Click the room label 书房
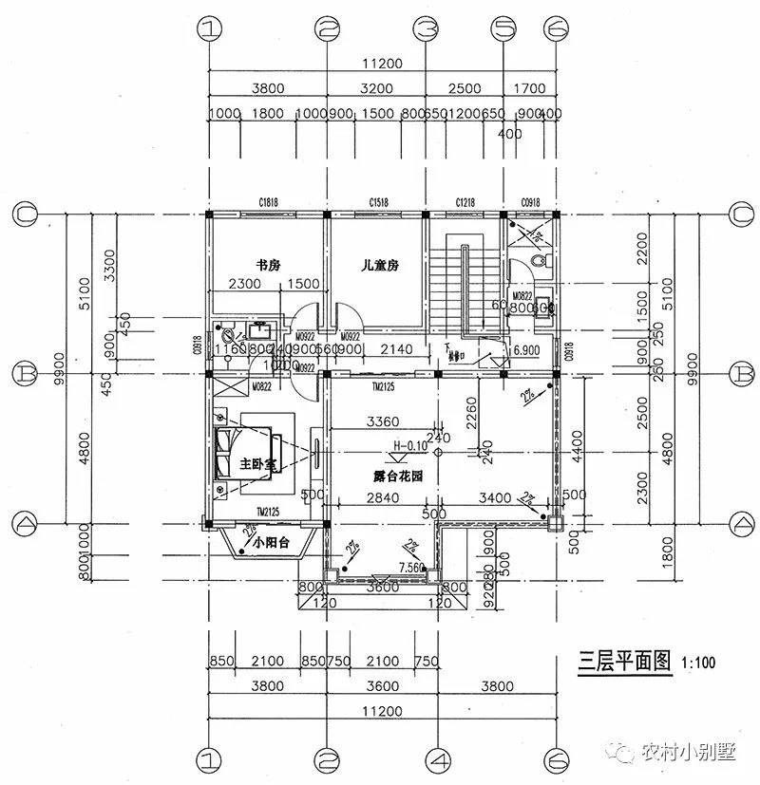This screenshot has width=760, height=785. [x=267, y=265]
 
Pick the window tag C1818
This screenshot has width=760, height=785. [x=268, y=201]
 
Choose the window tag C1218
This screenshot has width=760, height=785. [x=465, y=201]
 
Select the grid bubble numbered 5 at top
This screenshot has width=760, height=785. [x=502, y=28]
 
